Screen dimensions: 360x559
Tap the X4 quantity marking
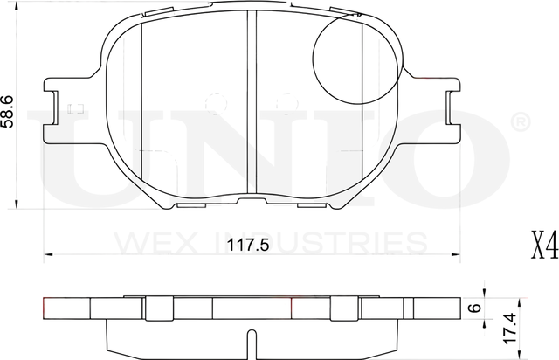542,246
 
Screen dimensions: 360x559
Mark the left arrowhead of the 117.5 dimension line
49,254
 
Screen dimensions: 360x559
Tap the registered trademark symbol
517,121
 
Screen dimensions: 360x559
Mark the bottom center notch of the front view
252,204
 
